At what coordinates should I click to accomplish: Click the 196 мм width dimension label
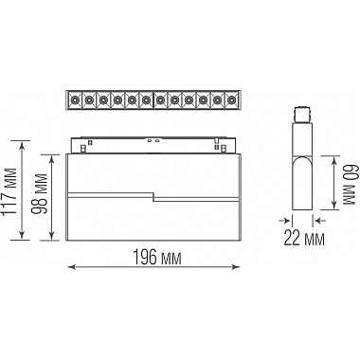click(x=157, y=257)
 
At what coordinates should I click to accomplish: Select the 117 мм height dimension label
click(x=9, y=191)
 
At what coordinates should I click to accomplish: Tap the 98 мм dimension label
click(x=40, y=193)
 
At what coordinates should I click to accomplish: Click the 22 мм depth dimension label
click(x=304, y=238)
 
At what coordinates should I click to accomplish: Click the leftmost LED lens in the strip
click(x=75, y=100)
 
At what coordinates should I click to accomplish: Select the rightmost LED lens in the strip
click(x=231, y=100)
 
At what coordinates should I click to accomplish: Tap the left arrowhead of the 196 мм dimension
click(x=72, y=267)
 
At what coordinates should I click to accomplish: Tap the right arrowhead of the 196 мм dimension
click(x=236, y=267)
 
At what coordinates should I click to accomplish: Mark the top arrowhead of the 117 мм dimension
click(x=22, y=145)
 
